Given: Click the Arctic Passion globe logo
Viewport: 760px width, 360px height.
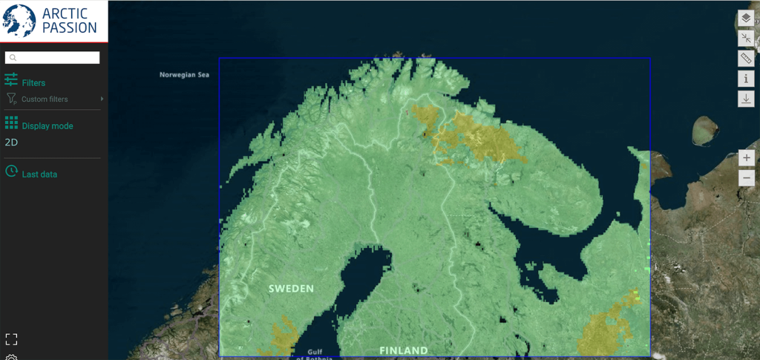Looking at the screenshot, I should tap(20, 20).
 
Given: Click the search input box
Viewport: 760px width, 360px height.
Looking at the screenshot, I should tap(53, 57).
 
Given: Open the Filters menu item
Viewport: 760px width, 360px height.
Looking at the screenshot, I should tap(33, 83).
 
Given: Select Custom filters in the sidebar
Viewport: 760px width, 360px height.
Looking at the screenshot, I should tap(45, 99).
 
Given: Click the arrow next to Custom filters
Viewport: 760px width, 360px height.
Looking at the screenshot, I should tap(102, 99).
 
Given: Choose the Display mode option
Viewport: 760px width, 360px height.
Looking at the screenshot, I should tap(47, 126).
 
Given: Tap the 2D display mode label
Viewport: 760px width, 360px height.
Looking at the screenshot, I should tap(11, 142).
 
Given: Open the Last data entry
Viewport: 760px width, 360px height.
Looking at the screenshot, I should tap(39, 174).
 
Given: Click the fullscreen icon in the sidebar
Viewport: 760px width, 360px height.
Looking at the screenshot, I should tap(11, 339).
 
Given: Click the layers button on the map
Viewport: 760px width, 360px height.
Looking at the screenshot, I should tap(746, 19).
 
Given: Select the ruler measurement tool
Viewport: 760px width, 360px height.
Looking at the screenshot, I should tap(746, 59).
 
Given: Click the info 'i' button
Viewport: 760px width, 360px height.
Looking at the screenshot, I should tap(746, 79).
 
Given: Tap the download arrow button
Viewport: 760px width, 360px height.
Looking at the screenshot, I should tap(746, 99).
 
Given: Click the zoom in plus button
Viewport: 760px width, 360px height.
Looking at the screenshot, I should tap(747, 157).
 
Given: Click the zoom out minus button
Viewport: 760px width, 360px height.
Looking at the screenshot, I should tap(747, 177).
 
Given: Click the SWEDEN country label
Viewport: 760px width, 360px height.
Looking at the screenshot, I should tap(291, 288).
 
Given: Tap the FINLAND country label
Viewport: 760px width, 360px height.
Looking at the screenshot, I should tap(403, 350).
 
